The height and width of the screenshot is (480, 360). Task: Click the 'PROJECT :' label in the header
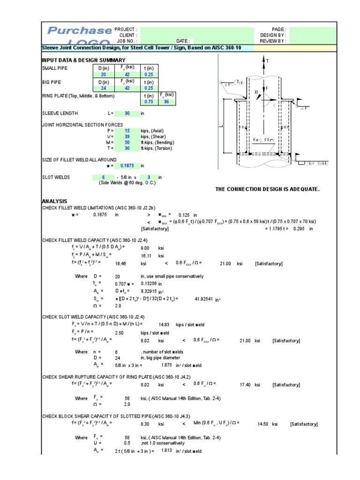point(126,29)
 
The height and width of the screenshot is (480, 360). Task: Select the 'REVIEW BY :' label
point(273,41)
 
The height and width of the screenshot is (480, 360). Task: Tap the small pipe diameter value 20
point(104,75)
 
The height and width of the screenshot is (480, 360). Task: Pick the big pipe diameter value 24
point(104,88)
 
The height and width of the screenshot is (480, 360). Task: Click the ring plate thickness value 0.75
point(149,101)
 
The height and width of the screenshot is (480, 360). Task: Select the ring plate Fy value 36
point(166,101)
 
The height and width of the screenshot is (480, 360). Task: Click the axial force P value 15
point(126,131)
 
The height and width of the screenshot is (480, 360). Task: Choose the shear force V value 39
point(126,136)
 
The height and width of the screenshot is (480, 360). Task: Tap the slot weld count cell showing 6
point(103,177)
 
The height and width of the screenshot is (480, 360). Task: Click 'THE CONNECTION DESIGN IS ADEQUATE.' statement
point(267,189)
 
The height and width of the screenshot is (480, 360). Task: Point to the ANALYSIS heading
point(54,201)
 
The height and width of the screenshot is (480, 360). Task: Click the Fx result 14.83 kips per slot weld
point(164,324)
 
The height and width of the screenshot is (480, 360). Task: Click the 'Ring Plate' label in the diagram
point(263,140)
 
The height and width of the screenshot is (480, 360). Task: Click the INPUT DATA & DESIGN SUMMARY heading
point(83,60)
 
